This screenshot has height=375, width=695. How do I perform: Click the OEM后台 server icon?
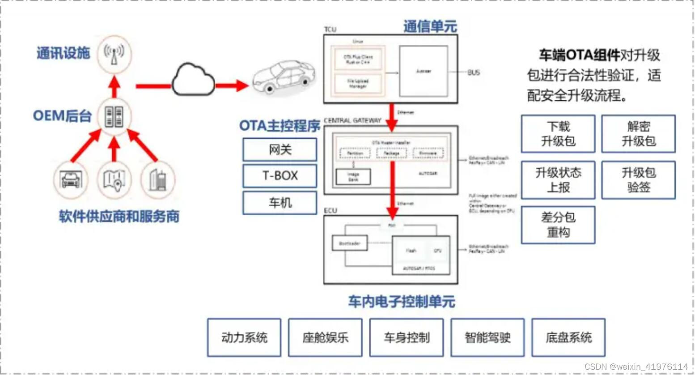tap(114, 116)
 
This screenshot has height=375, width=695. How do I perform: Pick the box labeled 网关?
tap(280, 149)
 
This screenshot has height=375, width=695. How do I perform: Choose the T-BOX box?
tap(280, 176)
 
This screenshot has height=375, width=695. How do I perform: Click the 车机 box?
tap(280, 203)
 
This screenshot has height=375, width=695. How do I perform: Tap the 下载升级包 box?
tap(558, 134)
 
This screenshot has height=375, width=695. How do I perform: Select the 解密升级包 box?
tap(638, 134)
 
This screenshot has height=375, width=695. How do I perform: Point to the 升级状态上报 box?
tap(558, 180)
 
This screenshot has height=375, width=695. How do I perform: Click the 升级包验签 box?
tap(638, 180)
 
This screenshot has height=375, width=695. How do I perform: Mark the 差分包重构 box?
tap(558, 225)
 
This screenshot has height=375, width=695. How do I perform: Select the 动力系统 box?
tap(244, 337)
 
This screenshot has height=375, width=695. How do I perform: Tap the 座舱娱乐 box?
tap(325, 337)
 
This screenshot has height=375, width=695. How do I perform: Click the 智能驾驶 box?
tap(487, 337)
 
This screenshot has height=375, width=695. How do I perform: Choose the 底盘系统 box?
tap(568, 337)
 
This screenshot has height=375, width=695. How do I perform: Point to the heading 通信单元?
tap(430, 27)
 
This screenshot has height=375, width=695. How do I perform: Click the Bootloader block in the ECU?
tap(350, 243)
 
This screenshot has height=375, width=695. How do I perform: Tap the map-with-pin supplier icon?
tap(114, 180)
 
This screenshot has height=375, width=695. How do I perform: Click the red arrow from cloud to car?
tap(232, 85)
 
